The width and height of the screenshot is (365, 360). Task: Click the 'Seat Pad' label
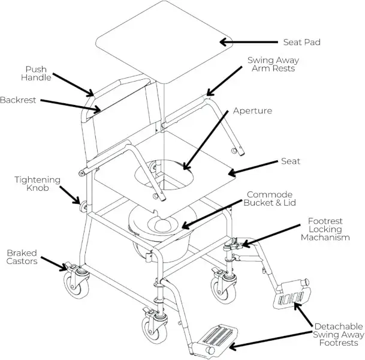point(302,43)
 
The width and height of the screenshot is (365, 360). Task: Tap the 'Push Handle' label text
point(37,73)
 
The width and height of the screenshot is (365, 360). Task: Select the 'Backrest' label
point(18,100)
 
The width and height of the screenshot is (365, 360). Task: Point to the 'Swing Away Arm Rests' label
point(273,64)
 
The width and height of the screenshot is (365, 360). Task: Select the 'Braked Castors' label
point(23,257)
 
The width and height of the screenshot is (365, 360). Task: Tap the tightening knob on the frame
point(78,208)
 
